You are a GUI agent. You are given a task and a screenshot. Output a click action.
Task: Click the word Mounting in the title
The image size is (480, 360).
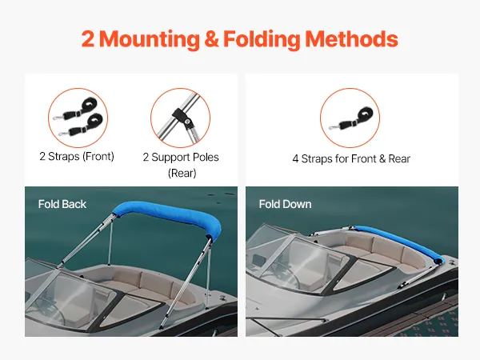pyautogui.click(x=150, y=39)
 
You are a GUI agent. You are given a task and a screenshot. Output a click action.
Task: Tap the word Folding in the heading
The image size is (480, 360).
pyautogui.click(x=262, y=40)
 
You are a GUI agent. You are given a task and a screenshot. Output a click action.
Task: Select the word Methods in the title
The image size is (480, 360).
pyautogui.click(x=351, y=39)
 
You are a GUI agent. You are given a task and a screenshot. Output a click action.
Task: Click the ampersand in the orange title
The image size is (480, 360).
pyautogui.click(x=211, y=39)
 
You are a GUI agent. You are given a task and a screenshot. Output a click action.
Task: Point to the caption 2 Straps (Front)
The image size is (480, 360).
pyautogui.click(x=77, y=157)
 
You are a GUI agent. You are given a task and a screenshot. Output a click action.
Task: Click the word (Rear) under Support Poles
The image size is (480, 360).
pyautogui.click(x=182, y=173)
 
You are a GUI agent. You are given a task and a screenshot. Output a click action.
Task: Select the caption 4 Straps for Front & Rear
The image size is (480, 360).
pyautogui.click(x=351, y=159)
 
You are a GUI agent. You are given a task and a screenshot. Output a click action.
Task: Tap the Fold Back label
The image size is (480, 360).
pyautogui.click(x=62, y=204)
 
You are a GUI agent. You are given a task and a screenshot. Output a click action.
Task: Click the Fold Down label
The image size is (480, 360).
pyautogui.click(x=285, y=204)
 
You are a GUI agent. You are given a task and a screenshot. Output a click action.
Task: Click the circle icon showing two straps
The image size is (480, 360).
pyautogui.click(x=78, y=118)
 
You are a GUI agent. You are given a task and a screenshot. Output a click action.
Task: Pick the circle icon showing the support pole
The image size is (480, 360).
pyautogui.click(x=180, y=118)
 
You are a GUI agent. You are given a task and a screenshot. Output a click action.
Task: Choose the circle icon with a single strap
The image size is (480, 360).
pyautogui.click(x=350, y=118)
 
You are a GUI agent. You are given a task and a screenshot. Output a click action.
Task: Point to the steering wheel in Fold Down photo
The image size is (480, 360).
pyautogui.click(x=286, y=274)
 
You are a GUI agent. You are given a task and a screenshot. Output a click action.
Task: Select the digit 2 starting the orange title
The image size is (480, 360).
pyautogui.click(x=88, y=39)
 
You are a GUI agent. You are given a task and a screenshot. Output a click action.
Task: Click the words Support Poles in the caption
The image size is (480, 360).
pyautogui.click(x=186, y=157)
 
